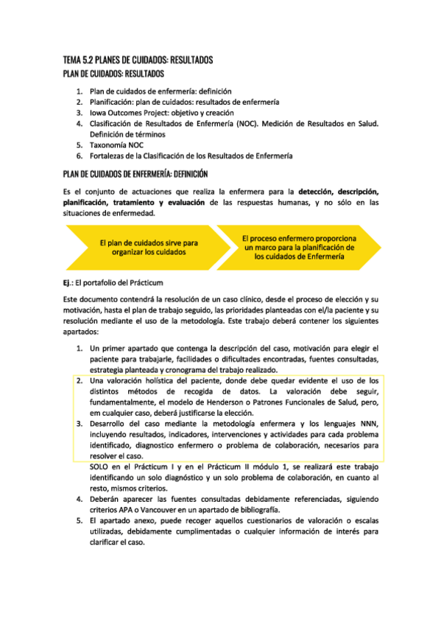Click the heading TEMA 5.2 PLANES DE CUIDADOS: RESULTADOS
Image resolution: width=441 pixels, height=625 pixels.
tap(138, 60)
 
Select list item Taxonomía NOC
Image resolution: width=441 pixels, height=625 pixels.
tap(117, 145)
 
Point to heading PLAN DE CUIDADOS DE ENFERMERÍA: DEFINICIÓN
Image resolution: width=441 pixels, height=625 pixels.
tap(136, 174)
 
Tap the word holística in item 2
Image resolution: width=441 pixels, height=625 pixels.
tap(169, 380)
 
